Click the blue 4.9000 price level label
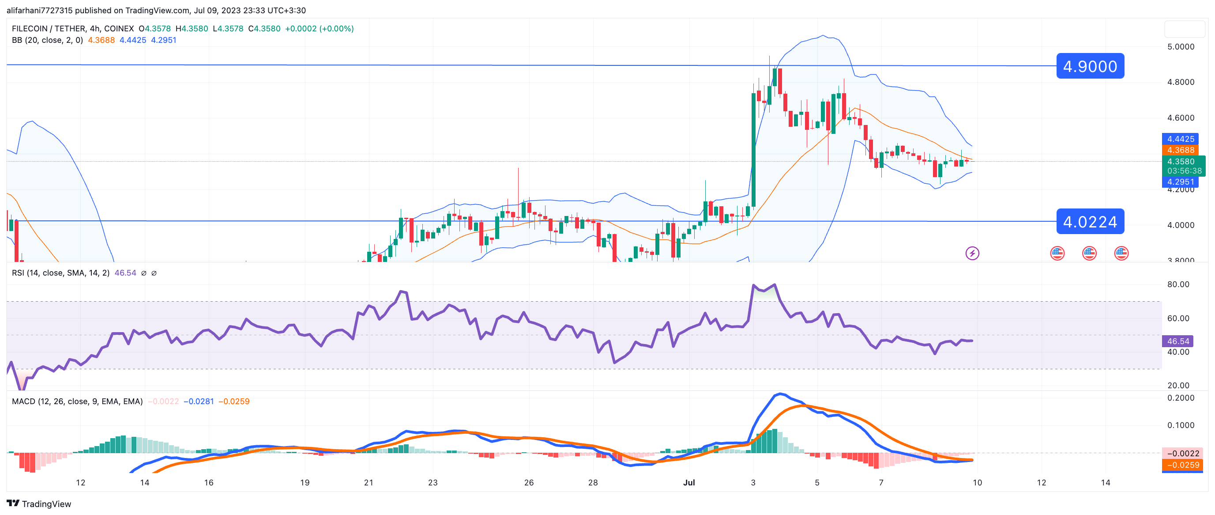[1090, 66]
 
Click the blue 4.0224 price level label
[1090, 221]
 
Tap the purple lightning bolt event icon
[972, 253]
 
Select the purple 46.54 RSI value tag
[1178, 341]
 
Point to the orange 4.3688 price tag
[1180, 150]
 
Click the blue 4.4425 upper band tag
[1180, 139]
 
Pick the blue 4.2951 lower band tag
[1180, 182]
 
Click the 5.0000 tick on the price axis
[1180, 47]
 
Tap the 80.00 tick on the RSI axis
[1178, 284]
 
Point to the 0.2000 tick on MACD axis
[1180, 398]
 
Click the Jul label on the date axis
[689, 482]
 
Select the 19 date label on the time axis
[305, 482]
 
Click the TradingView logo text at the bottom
[46, 504]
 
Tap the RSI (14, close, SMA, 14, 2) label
[60, 273]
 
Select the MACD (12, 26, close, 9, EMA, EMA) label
[77, 401]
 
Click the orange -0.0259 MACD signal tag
[1182, 465]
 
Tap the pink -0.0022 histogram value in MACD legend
[163, 401]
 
